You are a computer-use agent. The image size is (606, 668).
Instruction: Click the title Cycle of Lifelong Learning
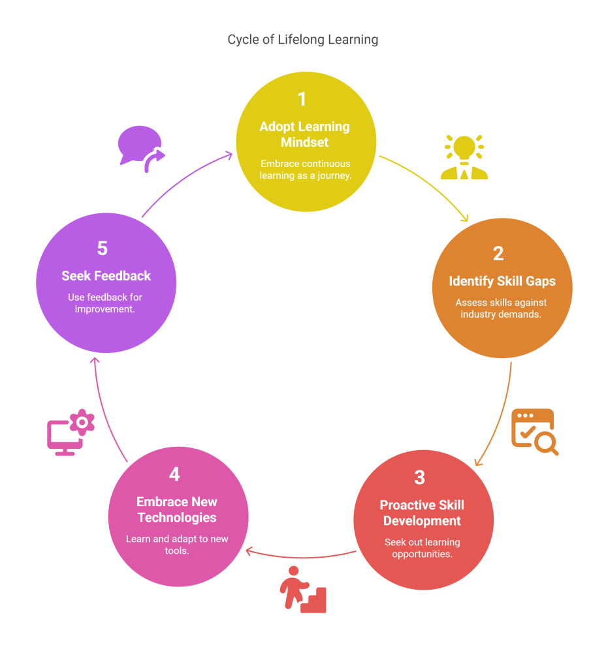(303, 39)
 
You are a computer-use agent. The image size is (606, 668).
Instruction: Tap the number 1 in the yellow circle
(302, 99)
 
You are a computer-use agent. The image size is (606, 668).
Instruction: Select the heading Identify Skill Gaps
(502, 281)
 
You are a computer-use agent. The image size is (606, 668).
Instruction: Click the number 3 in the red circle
(420, 477)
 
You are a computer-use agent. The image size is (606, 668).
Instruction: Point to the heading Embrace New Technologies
(177, 509)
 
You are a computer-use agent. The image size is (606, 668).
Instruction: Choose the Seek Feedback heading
(106, 276)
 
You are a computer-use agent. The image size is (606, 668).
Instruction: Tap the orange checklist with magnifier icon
(534, 431)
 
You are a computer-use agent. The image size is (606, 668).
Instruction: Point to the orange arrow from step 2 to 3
(500, 417)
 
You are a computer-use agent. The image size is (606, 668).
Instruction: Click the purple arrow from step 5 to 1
(186, 183)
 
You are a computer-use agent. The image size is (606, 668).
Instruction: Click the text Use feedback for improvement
(105, 303)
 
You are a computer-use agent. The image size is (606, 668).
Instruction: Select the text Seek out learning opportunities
(423, 548)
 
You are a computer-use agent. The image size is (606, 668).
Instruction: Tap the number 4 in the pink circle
(174, 474)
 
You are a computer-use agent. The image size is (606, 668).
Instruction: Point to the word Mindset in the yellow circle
(304, 142)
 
